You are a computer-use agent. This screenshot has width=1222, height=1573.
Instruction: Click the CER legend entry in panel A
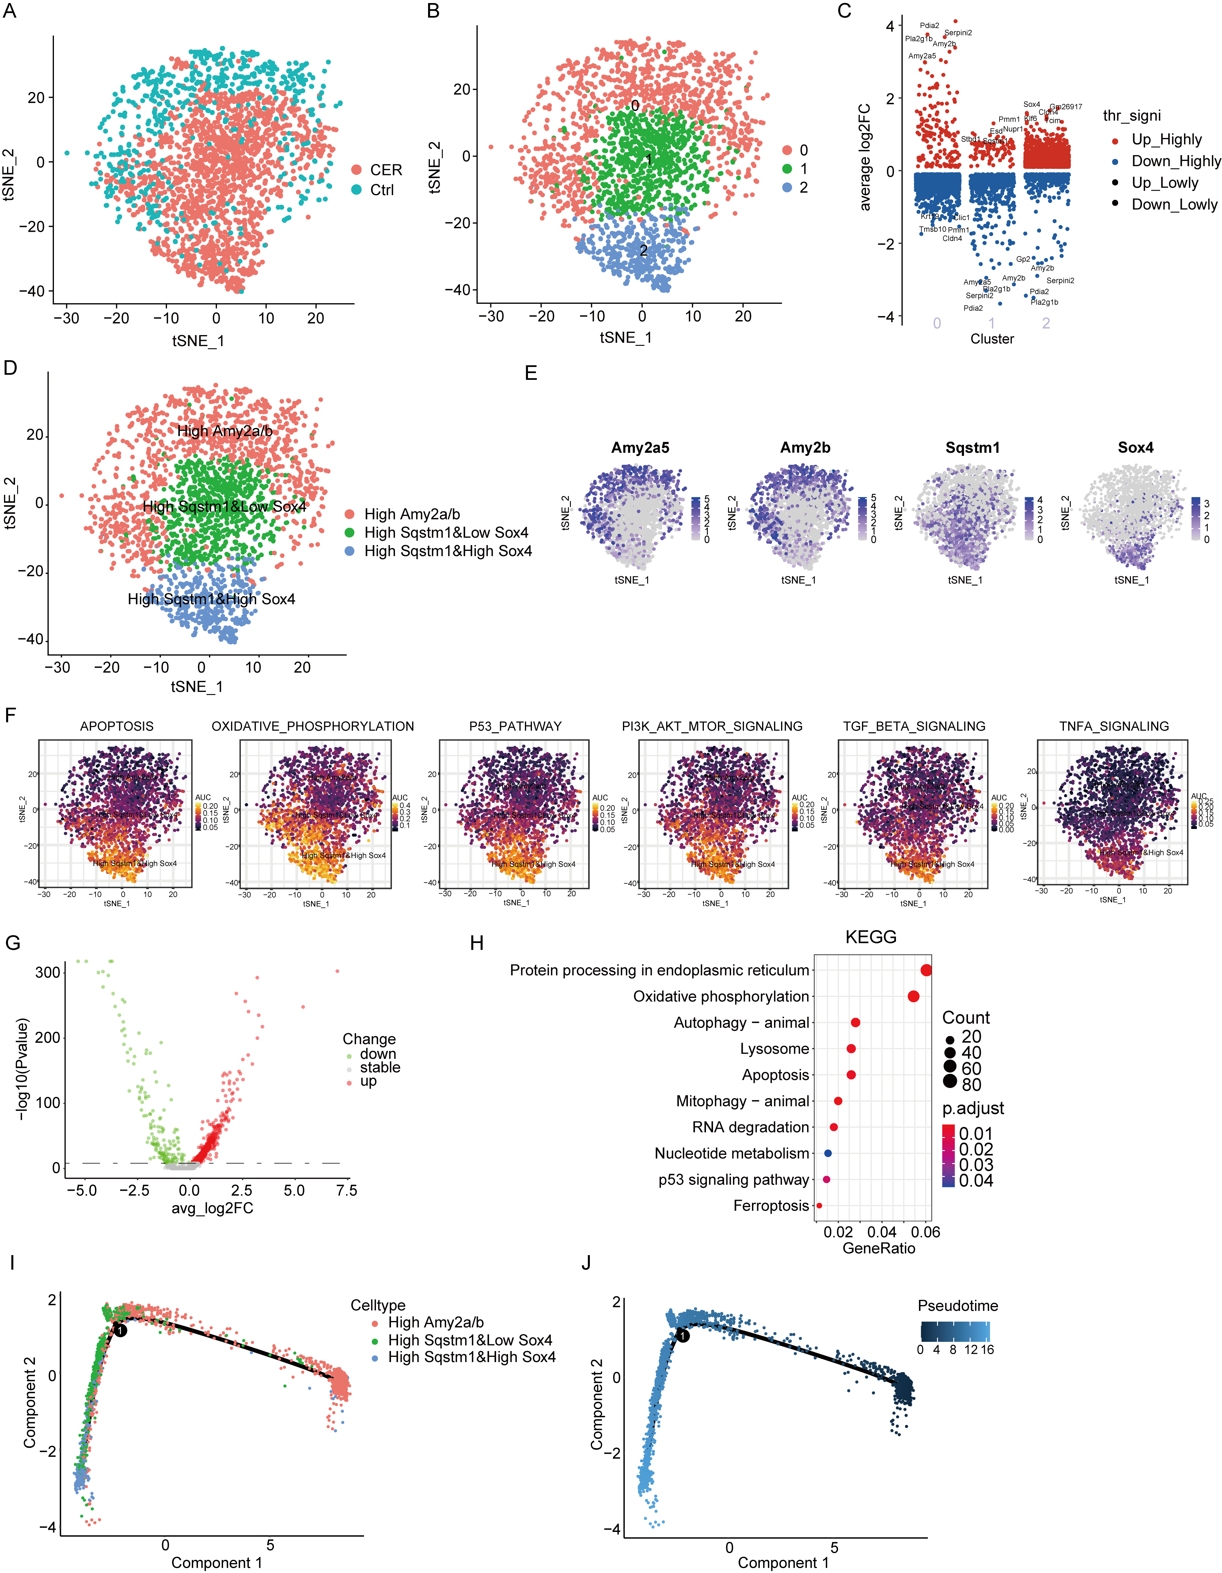385,170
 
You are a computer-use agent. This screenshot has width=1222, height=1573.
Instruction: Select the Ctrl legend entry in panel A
382,190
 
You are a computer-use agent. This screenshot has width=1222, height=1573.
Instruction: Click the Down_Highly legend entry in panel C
1175,161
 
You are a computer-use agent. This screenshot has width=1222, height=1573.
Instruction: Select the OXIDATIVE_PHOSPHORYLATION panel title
313,726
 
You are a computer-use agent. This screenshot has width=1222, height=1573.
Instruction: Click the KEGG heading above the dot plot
871,937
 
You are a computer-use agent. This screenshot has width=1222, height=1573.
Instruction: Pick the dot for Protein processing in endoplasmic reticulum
926,970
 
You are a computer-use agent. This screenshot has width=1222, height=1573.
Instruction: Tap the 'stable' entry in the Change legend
379,1067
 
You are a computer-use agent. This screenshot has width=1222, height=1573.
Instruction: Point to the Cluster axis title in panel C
992,338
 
